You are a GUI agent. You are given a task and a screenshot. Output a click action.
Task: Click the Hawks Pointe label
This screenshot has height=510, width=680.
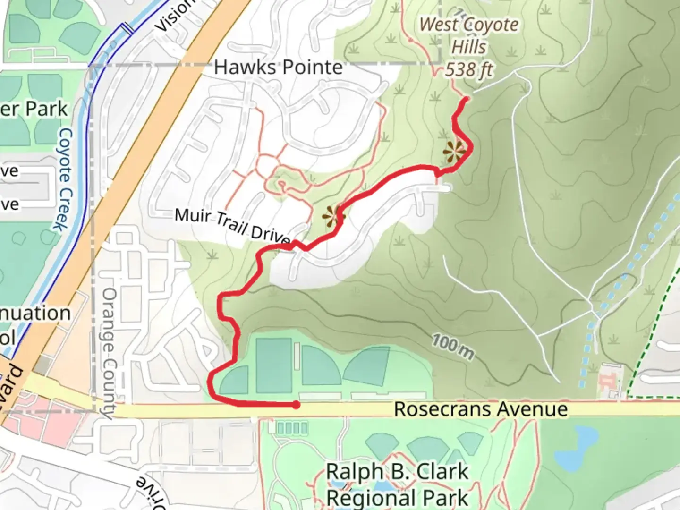pyautogui.click(x=278, y=68)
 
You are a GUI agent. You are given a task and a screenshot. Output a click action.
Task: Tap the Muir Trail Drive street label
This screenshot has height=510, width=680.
pyautogui.click(x=232, y=225)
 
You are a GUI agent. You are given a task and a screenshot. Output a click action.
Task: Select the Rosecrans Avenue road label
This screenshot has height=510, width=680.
pyautogui.click(x=481, y=409)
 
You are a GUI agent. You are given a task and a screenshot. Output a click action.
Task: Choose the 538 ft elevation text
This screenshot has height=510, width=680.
pyautogui.click(x=468, y=70)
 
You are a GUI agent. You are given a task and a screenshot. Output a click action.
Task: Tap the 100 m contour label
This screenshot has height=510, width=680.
pyautogui.click(x=452, y=346)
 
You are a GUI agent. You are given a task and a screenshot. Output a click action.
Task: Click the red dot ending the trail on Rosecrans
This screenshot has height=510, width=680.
pyautogui.click(x=296, y=405)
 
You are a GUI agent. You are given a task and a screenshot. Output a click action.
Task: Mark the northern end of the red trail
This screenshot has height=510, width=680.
pyautogui.click(x=466, y=99)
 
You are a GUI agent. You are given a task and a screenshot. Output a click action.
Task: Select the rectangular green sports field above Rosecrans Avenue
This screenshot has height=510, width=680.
pyautogui.click(x=273, y=365)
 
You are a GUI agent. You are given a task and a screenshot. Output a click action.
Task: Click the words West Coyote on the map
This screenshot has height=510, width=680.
pyautogui.click(x=468, y=25)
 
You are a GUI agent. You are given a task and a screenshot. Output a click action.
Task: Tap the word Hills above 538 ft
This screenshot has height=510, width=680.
pyautogui.click(x=468, y=47)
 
